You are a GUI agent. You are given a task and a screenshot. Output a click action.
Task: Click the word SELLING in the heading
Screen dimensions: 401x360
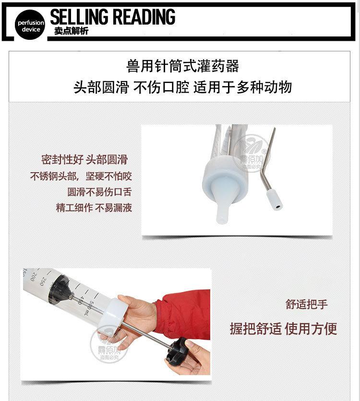tap(79, 17)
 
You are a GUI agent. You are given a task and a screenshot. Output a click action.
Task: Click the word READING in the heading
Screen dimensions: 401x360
tap(144, 17)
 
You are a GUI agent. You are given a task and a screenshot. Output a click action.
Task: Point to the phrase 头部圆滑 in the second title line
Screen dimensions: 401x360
tap(101, 88)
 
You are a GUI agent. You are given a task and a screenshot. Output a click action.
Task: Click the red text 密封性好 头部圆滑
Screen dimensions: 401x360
tap(84, 160)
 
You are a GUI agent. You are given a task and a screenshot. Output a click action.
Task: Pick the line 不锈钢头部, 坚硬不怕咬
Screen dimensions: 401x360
tap(81, 176)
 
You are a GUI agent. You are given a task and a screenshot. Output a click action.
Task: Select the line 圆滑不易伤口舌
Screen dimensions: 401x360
tap(99, 192)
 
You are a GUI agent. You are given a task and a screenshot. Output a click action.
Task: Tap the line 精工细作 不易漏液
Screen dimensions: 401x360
tap(94, 208)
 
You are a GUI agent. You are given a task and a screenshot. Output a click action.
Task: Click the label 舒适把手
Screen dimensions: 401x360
tap(307, 305)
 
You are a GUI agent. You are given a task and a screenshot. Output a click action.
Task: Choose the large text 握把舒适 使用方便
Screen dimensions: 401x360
tap(283, 329)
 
